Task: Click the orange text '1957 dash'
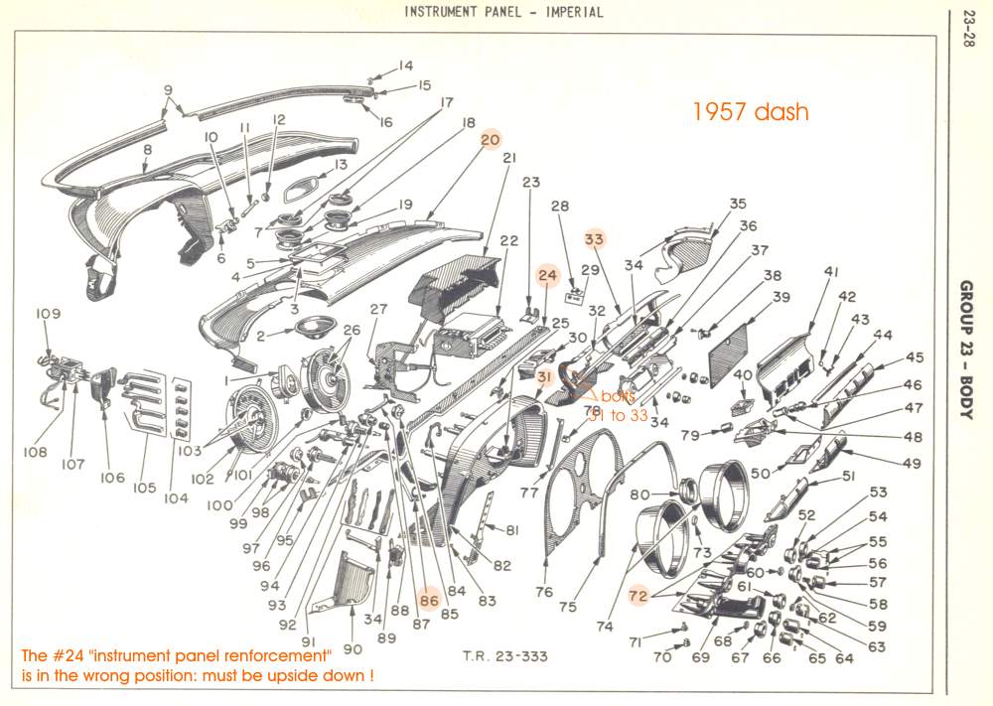click(x=751, y=111)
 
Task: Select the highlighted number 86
click(x=429, y=600)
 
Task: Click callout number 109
click(x=49, y=314)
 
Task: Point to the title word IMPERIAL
click(x=571, y=12)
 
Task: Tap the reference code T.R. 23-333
click(x=504, y=656)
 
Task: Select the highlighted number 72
click(x=638, y=594)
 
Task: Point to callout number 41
click(x=831, y=271)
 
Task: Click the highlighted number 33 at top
click(x=594, y=238)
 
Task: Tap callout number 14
click(x=405, y=66)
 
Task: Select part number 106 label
click(x=112, y=478)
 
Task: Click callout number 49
click(x=913, y=463)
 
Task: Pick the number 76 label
click(x=544, y=592)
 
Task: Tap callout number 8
click(x=147, y=150)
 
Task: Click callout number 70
click(x=662, y=657)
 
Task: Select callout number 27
click(x=378, y=309)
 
